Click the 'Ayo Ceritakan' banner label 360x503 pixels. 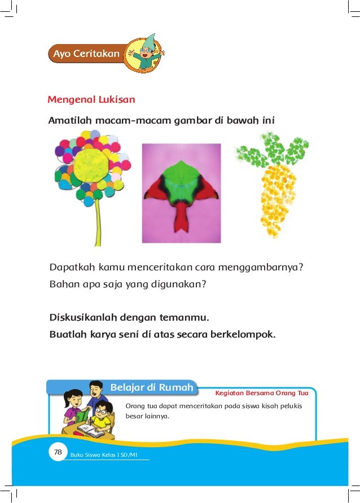pyautogui.click(x=86, y=54)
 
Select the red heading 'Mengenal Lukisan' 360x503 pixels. pyautogui.click(x=91, y=100)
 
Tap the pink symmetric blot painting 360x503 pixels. pyautogui.click(x=181, y=193)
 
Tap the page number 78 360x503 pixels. pyautogui.click(x=58, y=452)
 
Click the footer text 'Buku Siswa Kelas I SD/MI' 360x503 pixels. pyautogui.click(x=104, y=454)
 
